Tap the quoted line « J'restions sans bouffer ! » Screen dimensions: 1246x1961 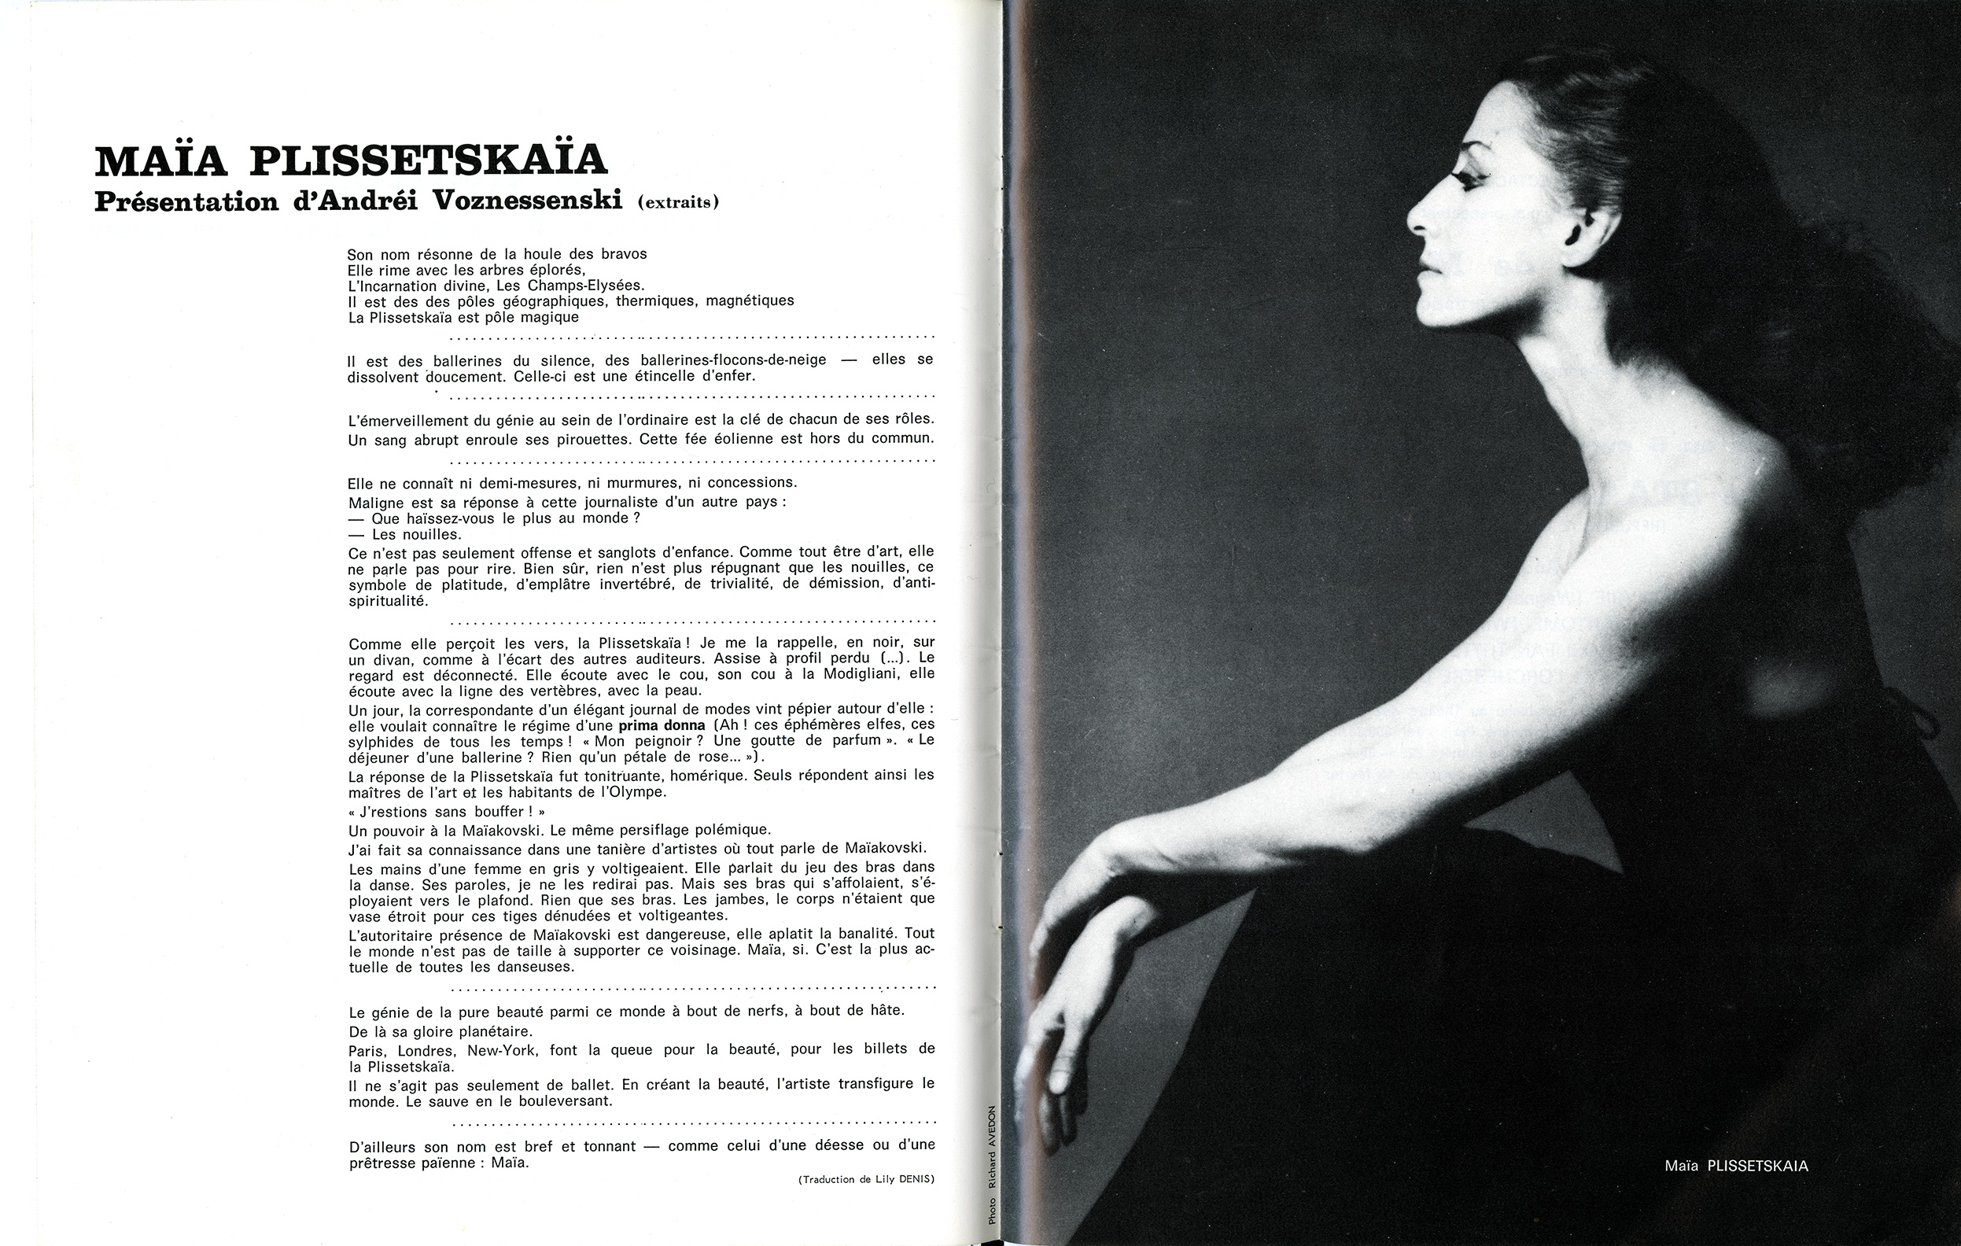[x=445, y=812]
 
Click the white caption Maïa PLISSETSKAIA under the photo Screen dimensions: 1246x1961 [x=1736, y=1167]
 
